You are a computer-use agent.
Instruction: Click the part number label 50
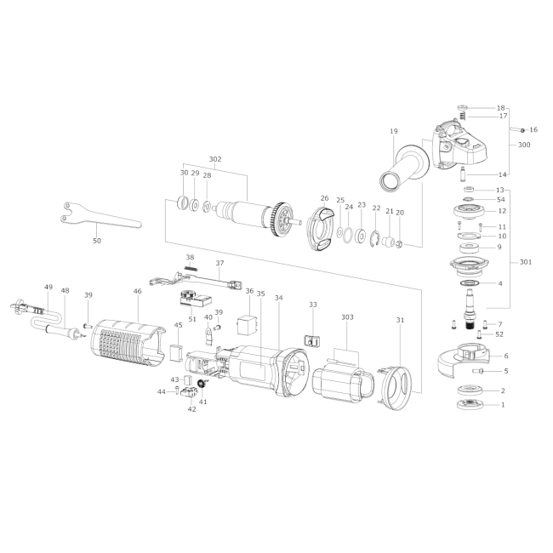point(97,241)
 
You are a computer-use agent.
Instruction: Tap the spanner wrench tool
point(100,217)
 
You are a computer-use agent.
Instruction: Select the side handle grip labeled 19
point(404,168)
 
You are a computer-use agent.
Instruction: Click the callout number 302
point(215,159)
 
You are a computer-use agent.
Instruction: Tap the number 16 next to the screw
point(533,130)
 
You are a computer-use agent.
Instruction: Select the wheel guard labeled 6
point(463,359)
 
